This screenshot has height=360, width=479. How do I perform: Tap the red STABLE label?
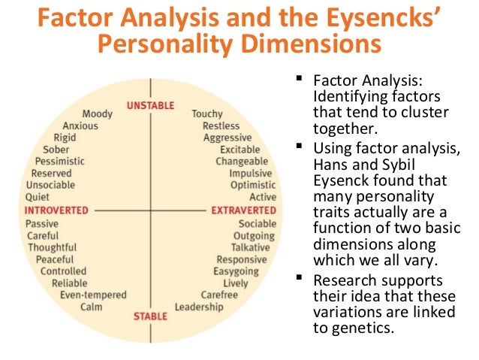pyautogui.click(x=150, y=316)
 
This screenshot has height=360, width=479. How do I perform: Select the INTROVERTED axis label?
pyautogui.click(x=57, y=210)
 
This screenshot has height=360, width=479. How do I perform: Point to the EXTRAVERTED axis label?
pyautogui.click(x=244, y=210)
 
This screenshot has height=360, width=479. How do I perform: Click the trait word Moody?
pyautogui.click(x=98, y=114)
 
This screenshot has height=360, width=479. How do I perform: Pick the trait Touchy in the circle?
pyautogui.click(x=207, y=114)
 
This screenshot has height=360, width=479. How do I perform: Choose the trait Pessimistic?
pyautogui.click(x=59, y=162)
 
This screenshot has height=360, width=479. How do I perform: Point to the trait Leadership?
pyautogui.click(x=199, y=307)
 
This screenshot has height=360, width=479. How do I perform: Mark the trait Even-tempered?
pyautogui.click(x=94, y=295)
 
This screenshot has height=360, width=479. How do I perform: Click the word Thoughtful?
pyautogui.click(x=53, y=247)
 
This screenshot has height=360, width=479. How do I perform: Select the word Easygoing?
pyautogui.click(x=236, y=271)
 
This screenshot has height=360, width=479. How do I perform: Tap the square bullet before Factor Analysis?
pyautogui.click(x=299, y=78)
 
